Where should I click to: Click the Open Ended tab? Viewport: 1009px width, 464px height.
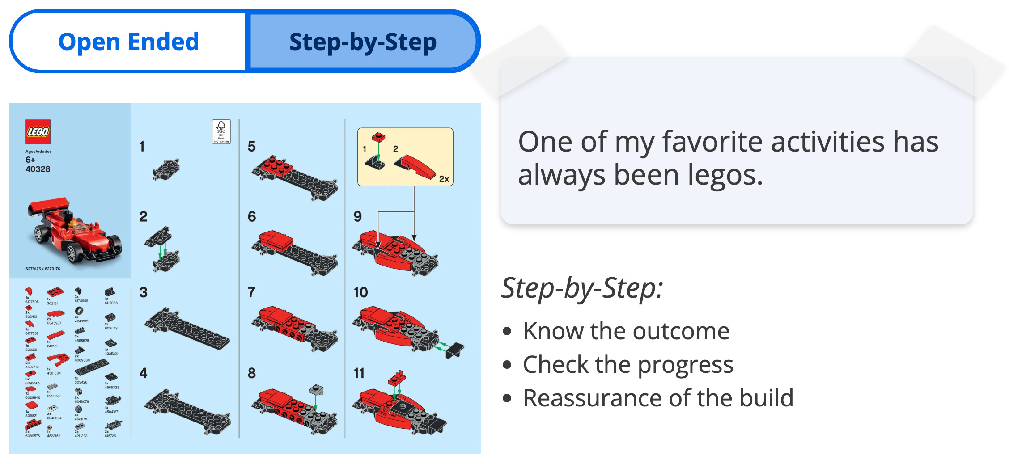tap(128, 42)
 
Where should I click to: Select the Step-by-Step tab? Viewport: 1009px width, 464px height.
tap(363, 42)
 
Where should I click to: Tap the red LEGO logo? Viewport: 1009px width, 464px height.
tap(38, 132)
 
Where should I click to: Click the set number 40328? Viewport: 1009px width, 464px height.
tap(38, 169)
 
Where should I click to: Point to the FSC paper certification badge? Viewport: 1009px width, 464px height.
tap(221, 131)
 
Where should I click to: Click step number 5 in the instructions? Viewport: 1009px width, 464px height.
tap(252, 147)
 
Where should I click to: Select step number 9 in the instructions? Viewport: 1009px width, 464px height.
tap(358, 216)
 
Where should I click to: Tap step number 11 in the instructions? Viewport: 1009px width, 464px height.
tap(359, 373)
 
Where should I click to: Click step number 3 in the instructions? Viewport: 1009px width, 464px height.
tap(143, 292)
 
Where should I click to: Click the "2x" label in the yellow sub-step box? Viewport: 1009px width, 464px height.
tap(444, 179)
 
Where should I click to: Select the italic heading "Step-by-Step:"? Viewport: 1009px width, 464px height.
tap(581, 288)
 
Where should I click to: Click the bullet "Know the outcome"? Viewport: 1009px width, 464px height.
tap(626, 331)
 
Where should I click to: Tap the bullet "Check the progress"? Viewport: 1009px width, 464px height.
tap(628, 365)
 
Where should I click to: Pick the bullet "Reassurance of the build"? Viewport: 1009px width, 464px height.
tap(658, 398)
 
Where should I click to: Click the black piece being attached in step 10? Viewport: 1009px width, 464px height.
tap(455, 350)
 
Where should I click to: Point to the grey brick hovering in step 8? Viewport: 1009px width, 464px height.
tap(316, 390)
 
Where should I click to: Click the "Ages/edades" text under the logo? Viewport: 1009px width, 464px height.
tap(38, 152)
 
